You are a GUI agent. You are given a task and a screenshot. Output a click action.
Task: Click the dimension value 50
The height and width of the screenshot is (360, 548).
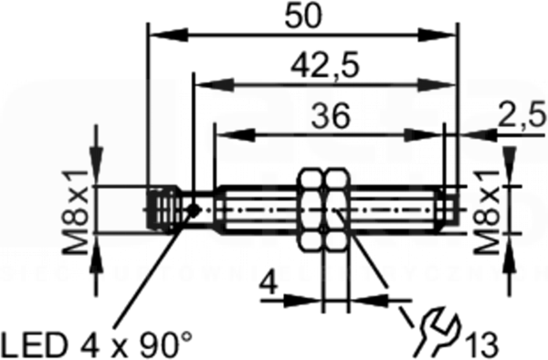pyautogui.click(x=302, y=16)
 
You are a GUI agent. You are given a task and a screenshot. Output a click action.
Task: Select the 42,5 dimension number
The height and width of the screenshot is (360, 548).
pyautogui.click(x=324, y=67)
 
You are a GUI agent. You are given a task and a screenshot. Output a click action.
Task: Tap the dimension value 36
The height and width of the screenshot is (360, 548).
pyautogui.click(x=331, y=116)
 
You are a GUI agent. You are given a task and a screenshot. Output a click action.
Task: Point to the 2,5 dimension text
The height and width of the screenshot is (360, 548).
pyautogui.click(x=522, y=115)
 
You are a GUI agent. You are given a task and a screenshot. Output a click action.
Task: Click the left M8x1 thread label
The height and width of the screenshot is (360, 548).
pyautogui.click(x=75, y=212)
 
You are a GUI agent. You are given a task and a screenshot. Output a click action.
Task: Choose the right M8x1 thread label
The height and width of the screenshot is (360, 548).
pyautogui.click(x=486, y=212)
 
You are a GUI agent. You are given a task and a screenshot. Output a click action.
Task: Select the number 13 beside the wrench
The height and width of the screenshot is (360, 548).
pyautogui.click(x=480, y=344)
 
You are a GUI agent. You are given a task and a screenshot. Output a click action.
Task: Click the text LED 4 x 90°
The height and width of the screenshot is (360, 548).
pyautogui.click(x=97, y=344)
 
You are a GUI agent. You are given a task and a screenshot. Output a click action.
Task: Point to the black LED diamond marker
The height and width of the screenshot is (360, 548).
pyautogui.click(x=193, y=210)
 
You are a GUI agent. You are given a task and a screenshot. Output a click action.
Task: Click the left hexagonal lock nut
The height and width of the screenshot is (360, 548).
pyautogui.click(x=311, y=210)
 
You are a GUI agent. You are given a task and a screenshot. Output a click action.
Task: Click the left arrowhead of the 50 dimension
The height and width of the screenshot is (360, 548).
pyautogui.click(x=168, y=35)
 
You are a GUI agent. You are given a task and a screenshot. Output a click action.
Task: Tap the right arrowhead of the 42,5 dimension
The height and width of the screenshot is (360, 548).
pyautogui.click(x=437, y=85)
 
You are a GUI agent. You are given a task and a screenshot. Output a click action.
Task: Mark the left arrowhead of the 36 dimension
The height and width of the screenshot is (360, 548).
pyautogui.click(x=236, y=134)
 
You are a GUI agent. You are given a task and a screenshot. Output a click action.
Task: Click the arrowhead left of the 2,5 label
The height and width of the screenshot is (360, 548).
pyautogui.click(x=478, y=134)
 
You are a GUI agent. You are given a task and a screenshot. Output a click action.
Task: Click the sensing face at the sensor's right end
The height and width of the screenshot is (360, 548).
pyautogui.click(x=449, y=210)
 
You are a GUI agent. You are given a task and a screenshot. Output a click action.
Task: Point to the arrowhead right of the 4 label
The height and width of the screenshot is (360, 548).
pyautogui.click(x=369, y=300)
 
